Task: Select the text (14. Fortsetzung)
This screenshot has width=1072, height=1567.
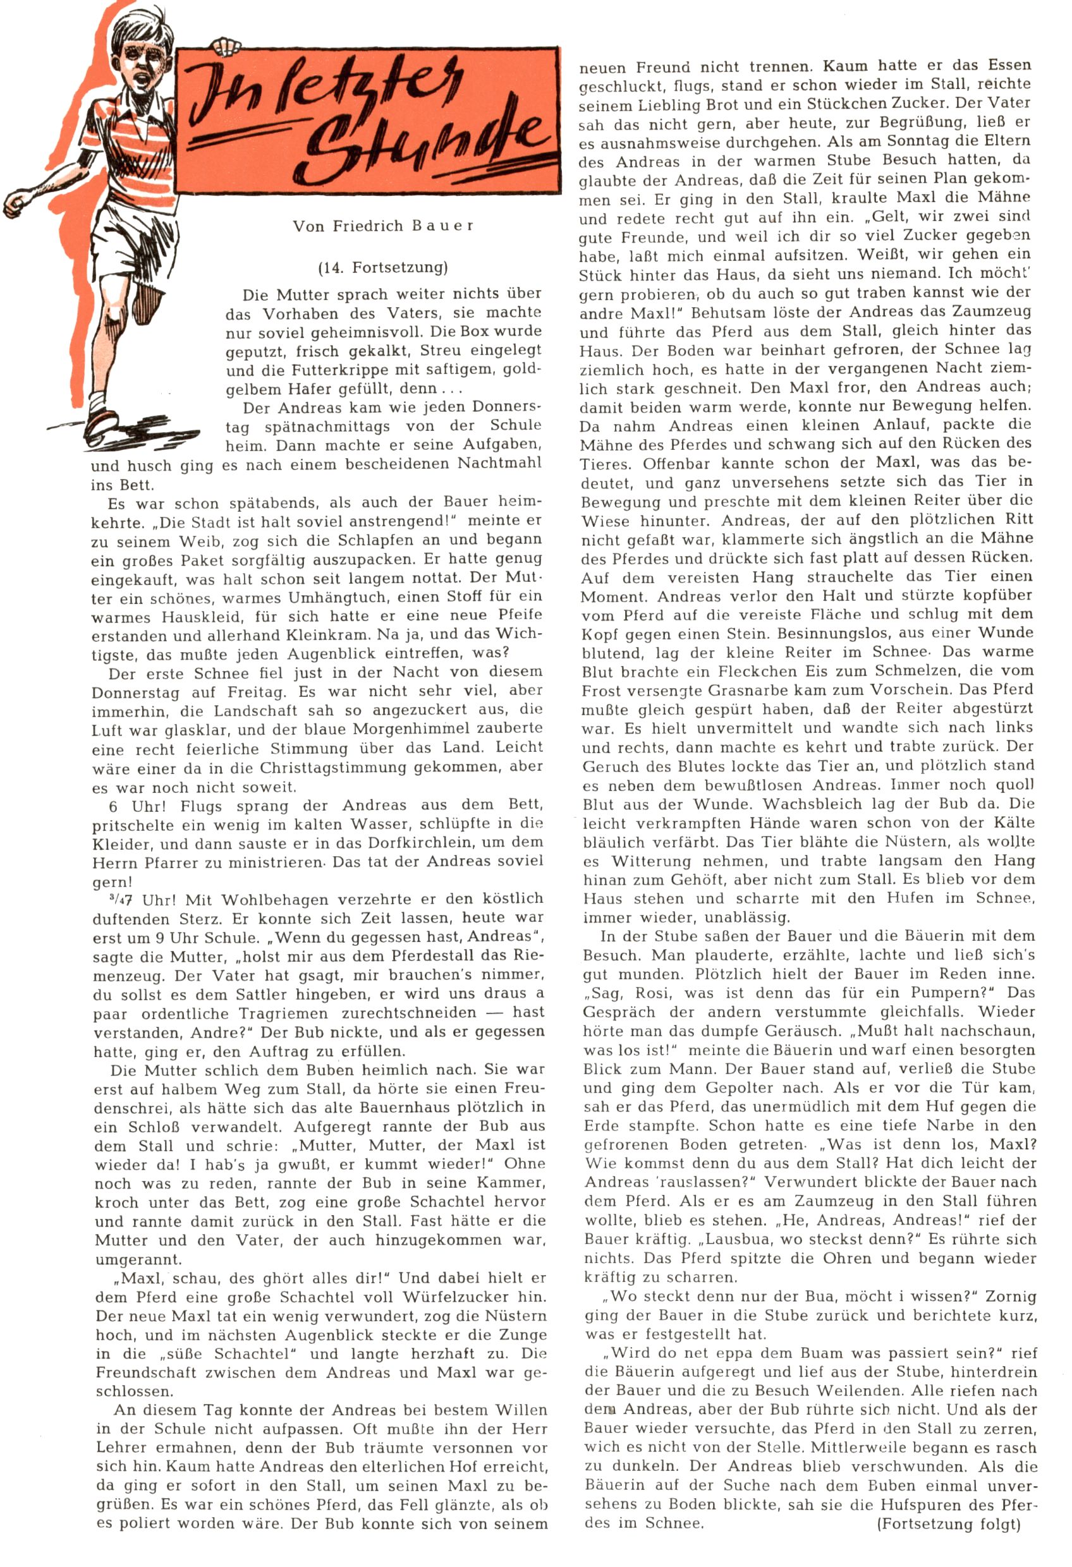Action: click(x=382, y=268)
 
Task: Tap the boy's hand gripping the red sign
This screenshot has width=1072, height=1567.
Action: click(x=226, y=46)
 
